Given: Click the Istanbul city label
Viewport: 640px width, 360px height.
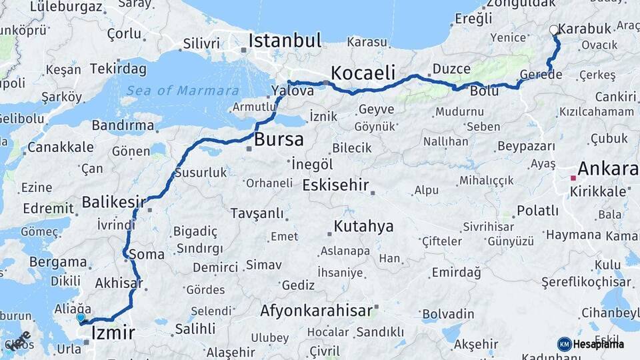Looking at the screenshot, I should click(285, 40).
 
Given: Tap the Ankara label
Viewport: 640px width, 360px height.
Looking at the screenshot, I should click(607, 169).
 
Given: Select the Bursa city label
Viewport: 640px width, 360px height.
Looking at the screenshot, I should click(279, 140).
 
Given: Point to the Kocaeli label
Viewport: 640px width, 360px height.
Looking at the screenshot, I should click(363, 72).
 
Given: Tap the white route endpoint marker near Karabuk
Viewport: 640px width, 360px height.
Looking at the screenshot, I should click(553, 30).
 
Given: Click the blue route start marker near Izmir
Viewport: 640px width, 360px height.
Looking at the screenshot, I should click(81, 318).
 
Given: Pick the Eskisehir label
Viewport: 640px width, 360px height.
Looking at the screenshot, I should click(335, 185).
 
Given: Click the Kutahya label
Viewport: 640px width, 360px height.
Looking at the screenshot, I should click(363, 226).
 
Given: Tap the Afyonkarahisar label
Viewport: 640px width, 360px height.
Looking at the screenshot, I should click(316, 311).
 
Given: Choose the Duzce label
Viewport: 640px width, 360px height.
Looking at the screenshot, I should click(451, 69).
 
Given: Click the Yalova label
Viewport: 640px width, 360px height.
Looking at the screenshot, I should click(293, 91).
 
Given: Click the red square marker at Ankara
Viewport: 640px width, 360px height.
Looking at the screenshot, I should click(573, 178).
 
